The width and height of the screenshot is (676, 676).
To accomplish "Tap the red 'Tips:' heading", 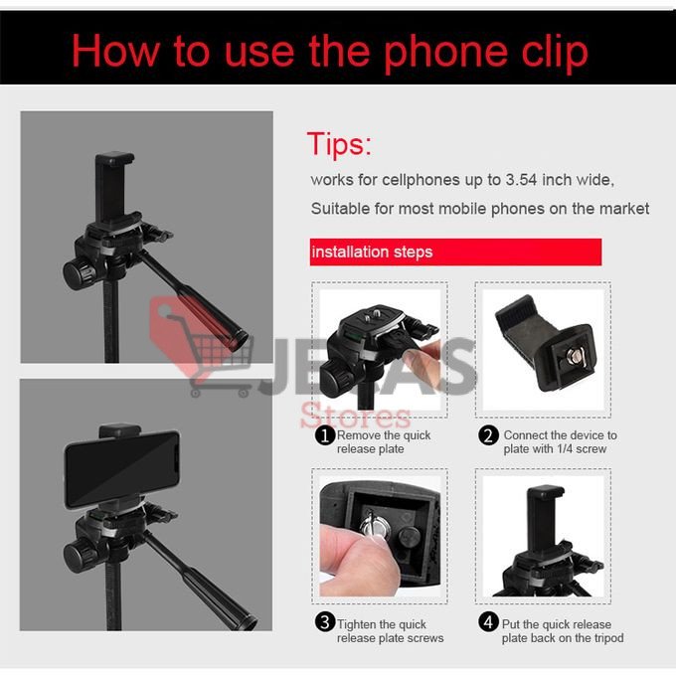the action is pos(339,144).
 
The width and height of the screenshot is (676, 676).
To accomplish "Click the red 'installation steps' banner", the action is pos(455,252).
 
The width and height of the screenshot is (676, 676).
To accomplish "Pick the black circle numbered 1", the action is pos(325,435).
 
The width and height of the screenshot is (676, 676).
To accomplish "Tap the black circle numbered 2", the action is pos(488,435).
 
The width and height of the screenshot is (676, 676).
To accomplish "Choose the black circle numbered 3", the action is pos(325,622).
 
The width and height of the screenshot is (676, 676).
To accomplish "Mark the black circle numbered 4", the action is pos(488,622).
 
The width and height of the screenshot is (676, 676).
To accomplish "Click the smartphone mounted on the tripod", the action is pos(121,468).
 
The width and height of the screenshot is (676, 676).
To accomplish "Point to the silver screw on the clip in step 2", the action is pos(575,356).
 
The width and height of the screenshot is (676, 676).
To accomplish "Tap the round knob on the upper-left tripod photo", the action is pos(79,273).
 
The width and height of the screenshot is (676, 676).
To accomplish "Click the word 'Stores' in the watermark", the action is pos(356,416).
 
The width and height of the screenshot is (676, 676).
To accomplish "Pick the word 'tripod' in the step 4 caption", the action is pos(608,637).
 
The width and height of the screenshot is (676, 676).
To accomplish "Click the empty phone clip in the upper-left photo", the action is pos(113,188).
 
